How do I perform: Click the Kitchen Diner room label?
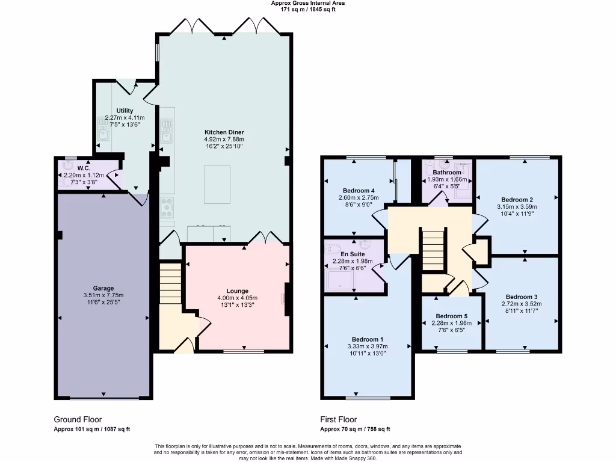[224, 132]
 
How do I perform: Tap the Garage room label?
[103, 288]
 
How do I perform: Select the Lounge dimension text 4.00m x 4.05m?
[237, 298]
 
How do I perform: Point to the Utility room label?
[125, 111]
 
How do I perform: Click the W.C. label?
[84, 168]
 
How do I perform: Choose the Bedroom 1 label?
[368, 339]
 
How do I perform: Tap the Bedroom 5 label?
[451, 316]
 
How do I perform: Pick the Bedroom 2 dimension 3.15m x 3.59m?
[517, 206]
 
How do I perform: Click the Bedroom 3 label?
[521, 297]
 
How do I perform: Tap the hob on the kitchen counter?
[167, 207]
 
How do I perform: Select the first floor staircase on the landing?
[433, 250]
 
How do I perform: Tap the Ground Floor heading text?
[78, 419]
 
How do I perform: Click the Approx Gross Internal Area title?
[307, 3]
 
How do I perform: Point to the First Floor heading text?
[338, 419]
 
